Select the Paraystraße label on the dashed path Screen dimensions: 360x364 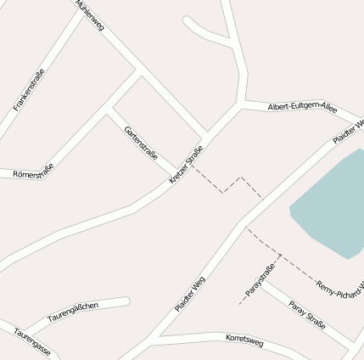pos(261,281)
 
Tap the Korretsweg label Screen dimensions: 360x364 pos(244,340)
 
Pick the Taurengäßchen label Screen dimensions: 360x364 pos(73,312)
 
